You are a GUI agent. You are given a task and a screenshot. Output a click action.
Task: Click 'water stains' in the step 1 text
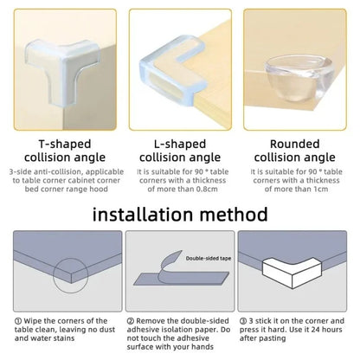click(55, 340)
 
